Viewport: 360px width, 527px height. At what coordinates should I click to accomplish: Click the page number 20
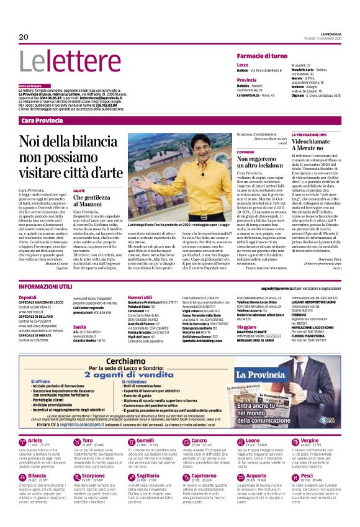24,37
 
